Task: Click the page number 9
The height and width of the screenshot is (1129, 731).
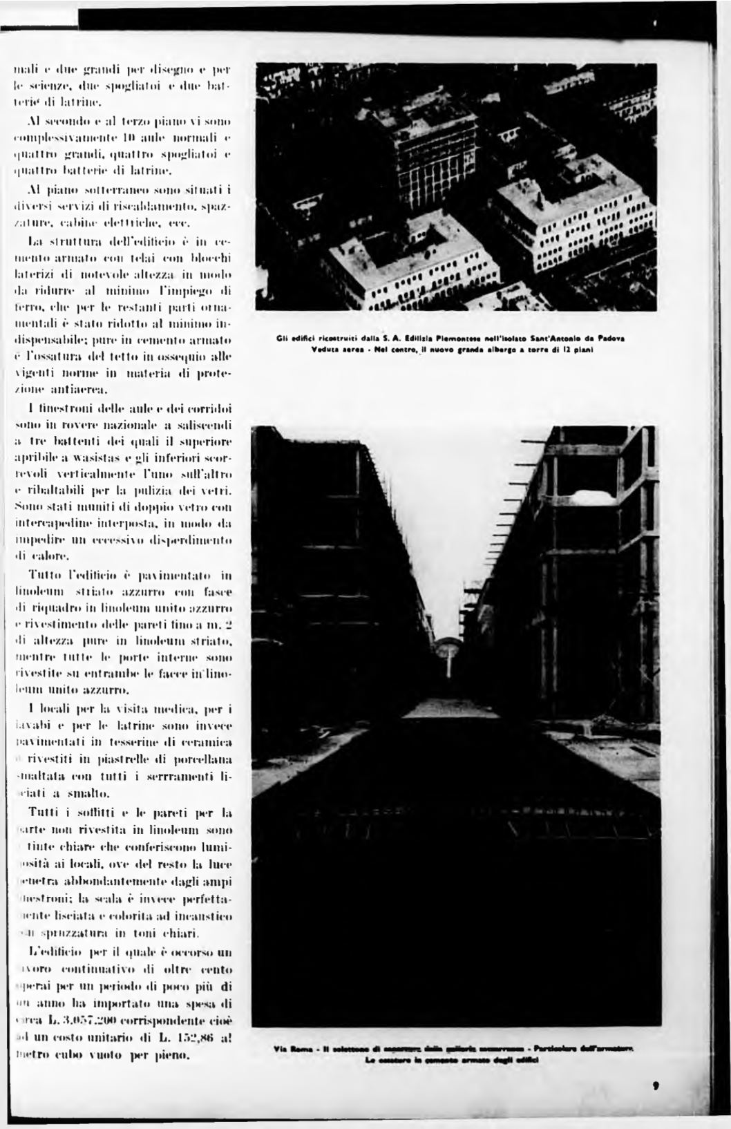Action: [x=654, y=1084]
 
